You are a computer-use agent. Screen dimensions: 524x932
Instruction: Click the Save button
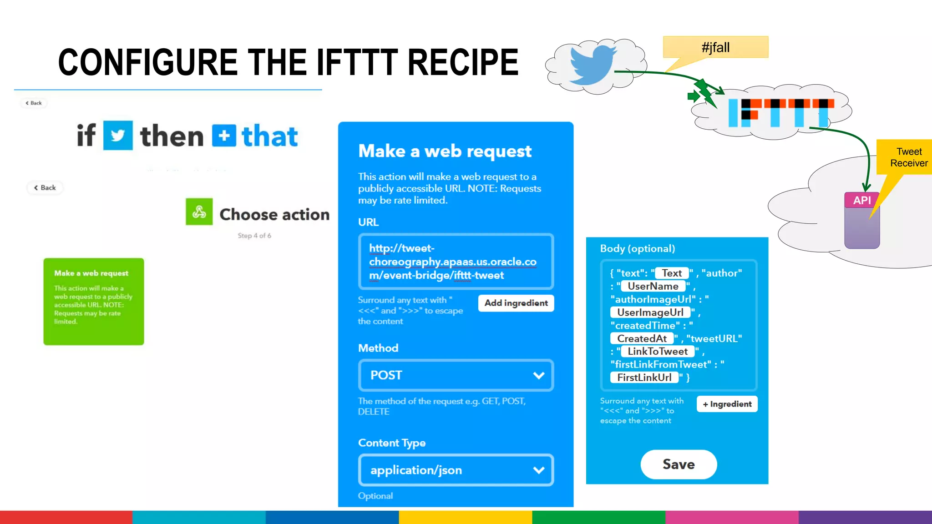(x=679, y=464)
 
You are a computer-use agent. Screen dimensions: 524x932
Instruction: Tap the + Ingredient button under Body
(x=727, y=404)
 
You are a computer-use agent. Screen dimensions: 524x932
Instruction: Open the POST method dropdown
(x=456, y=375)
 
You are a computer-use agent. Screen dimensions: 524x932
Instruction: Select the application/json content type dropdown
(x=456, y=470)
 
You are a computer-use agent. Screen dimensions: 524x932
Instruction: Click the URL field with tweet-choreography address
(x=456, y=262)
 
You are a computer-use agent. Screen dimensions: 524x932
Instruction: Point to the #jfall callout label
(x=715, y=47)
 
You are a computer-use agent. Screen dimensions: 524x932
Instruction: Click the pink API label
(x=861, y=200)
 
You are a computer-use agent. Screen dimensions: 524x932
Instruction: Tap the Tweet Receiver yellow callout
(x=908, y=157)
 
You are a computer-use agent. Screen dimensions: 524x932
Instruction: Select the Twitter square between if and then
(x=118, y=135)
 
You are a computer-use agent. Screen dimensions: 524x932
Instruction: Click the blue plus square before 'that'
(x=224, y=136)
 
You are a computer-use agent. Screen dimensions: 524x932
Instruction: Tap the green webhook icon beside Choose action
(x=199, y=212)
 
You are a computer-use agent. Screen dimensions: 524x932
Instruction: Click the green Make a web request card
(x=94, y=302)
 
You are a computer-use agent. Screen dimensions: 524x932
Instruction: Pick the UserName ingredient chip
(x=653, y=286)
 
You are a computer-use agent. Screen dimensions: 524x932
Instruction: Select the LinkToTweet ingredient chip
(x=658, y=351)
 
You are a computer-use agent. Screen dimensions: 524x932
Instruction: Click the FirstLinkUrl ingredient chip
(x=644, y=378)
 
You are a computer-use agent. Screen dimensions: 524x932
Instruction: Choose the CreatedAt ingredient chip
(x=642, y=338)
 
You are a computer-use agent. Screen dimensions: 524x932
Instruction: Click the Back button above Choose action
(x=45, y=188)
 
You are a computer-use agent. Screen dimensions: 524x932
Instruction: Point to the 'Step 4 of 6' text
(x=254, y=236)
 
